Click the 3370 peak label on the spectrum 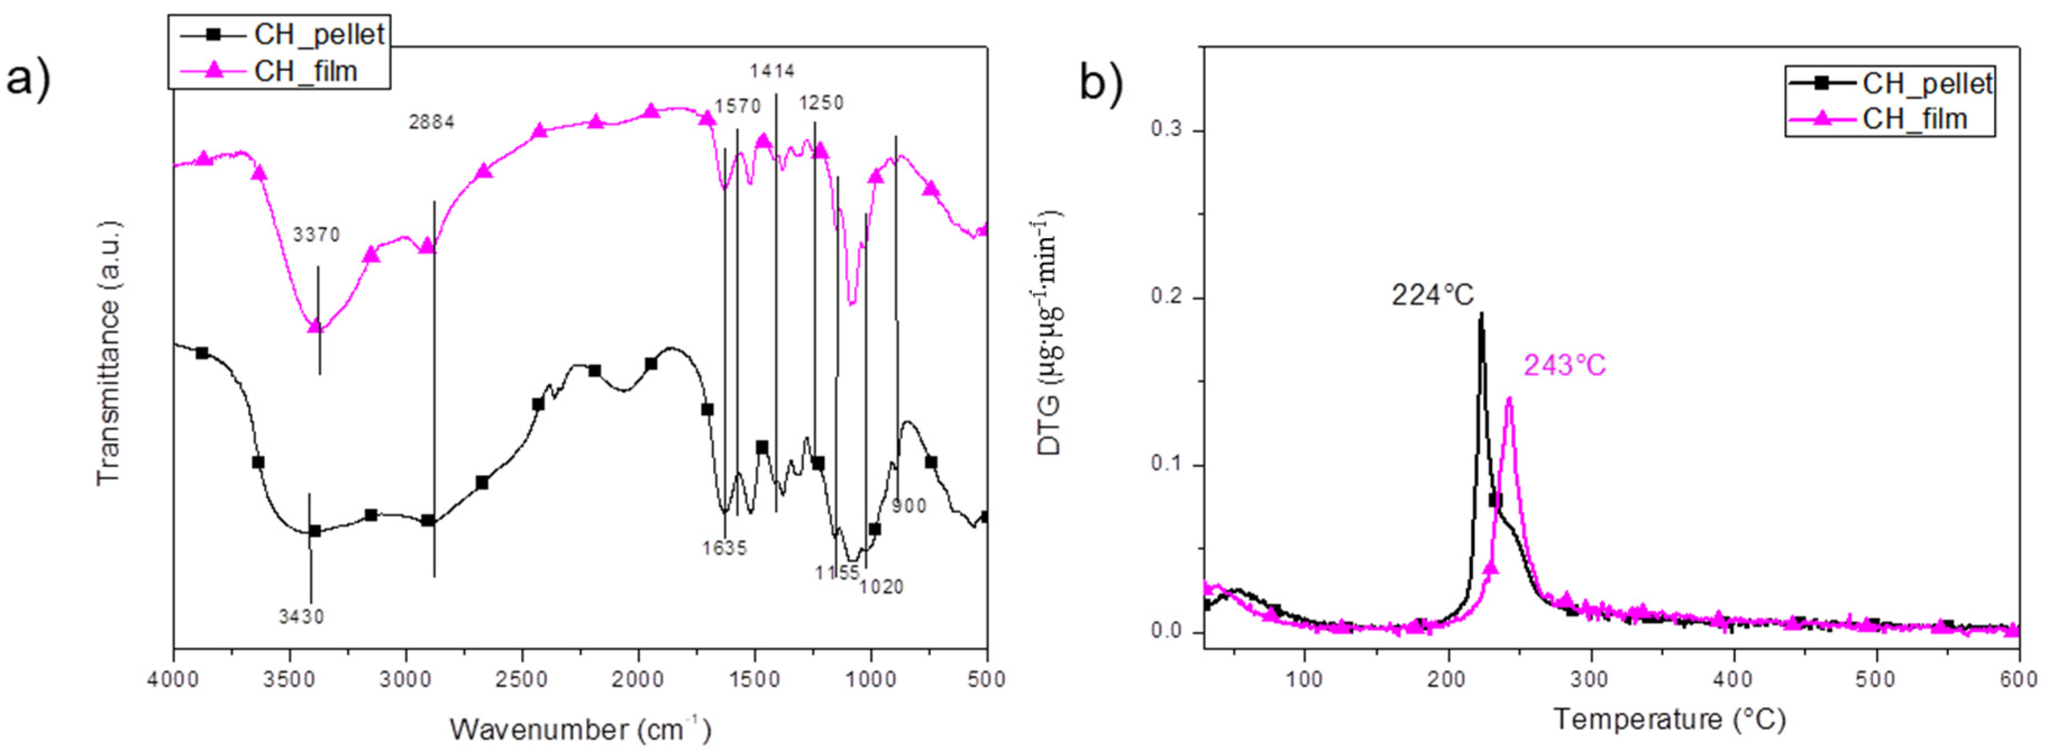(x=316, y=235)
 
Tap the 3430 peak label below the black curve (x=302, y=616)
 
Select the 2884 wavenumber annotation (x=432, y=122)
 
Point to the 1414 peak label (x=772, y=71)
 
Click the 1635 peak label (x=724, y=548)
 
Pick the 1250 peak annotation (x=821, y=103)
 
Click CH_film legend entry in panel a (x=306, y=71)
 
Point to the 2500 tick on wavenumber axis (x=522, y=679)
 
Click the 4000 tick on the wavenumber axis (x=174, y=679)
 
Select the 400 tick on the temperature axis (x=1733, y=680)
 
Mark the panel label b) (x=1101, y=82)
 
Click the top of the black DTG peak (x=1480, y=314)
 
